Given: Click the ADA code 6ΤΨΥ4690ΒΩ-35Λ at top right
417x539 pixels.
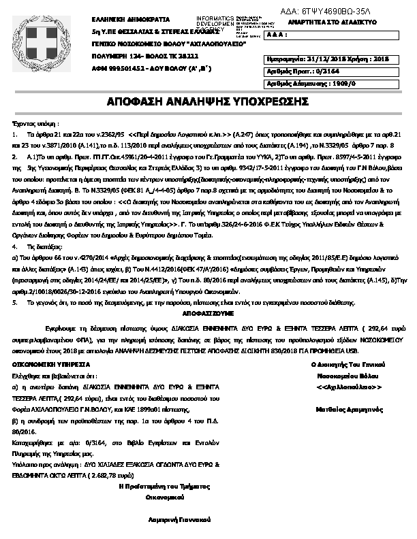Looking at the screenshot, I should coord(335,11).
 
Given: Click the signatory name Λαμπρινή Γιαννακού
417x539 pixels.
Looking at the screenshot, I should coord(180,519).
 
